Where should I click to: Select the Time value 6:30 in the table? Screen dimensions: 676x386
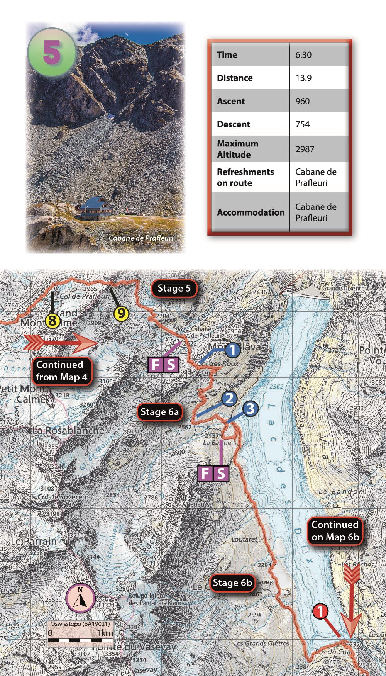(303, 55)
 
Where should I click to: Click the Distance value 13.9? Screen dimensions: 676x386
(303, 78)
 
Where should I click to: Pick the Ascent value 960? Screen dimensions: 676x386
(303, 101)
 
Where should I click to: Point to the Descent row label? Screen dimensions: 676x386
(234, 124)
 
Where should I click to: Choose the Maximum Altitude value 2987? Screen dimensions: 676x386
(305, 149)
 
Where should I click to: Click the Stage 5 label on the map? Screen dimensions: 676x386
(174, 288)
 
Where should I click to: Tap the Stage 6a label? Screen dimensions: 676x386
(159, 412)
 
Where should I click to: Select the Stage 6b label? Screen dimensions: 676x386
(232, 583)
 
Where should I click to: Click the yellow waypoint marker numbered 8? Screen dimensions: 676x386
(52, 321)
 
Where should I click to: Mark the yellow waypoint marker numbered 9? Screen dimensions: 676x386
(121, 313)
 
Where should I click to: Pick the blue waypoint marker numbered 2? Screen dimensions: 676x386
(229, 398)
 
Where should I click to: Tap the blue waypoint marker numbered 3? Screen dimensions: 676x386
(251, 408)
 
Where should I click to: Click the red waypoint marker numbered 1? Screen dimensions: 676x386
(320, 611)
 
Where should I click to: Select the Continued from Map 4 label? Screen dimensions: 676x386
(62, 371)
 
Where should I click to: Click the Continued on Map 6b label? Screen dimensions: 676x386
(335, 531)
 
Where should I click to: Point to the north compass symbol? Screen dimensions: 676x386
(80, 598)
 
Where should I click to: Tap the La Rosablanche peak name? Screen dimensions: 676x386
(68, 430)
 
